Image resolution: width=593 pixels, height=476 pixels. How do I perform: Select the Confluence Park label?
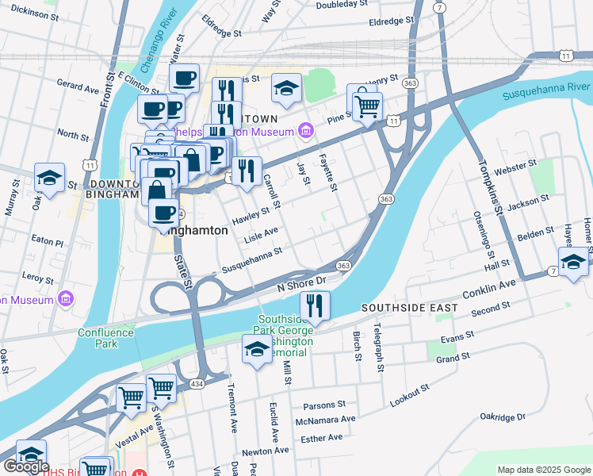point(98,338)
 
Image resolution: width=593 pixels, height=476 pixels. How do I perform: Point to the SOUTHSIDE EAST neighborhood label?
point(409,307)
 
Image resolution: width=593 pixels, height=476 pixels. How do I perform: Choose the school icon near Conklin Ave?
point(572,262)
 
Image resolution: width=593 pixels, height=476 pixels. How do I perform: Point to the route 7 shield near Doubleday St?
point(438,7)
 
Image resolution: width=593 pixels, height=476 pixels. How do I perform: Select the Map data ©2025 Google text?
point(544,470)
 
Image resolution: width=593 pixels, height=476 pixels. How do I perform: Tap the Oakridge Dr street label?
point(503,416)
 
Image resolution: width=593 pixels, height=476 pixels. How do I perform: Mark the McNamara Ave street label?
point(324,420)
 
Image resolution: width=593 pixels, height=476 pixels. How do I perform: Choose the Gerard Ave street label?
point(77,83)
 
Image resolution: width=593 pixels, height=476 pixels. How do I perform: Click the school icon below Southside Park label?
point(257,349)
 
